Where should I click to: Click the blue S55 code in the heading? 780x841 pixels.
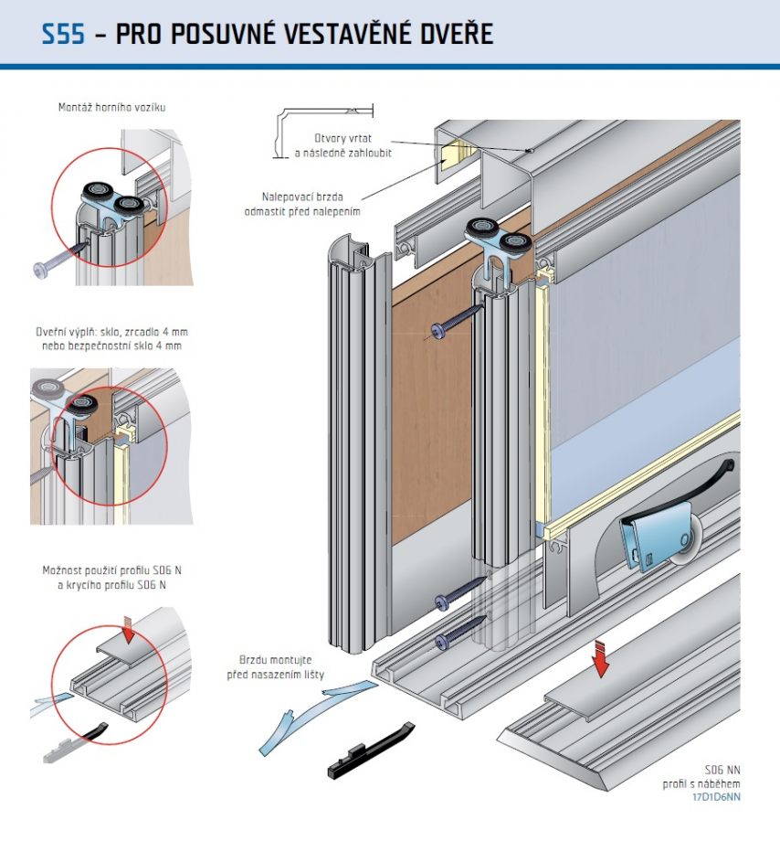tap(63, 34)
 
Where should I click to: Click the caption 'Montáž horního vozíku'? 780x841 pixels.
tap(112, 107)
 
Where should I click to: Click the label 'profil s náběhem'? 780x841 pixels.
tap(701, 783)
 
